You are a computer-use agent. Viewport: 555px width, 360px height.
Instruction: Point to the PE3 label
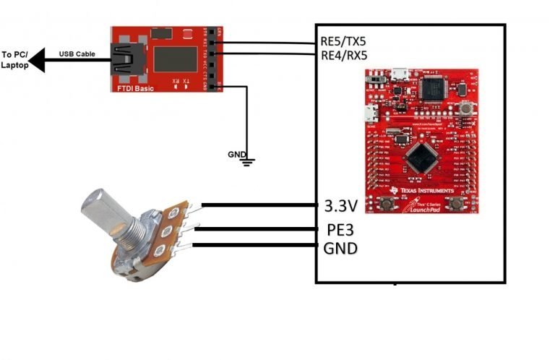[337, 231]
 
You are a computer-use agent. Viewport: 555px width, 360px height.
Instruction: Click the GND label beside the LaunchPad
[340, 249]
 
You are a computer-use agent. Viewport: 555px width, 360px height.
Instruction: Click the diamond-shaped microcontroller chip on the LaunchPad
[420, 156]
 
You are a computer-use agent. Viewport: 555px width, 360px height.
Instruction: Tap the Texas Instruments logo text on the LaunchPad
[427, 191]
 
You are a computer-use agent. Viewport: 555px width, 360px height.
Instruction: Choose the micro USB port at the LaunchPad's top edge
[398, 72]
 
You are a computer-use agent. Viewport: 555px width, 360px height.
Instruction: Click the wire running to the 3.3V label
[260, 205]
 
